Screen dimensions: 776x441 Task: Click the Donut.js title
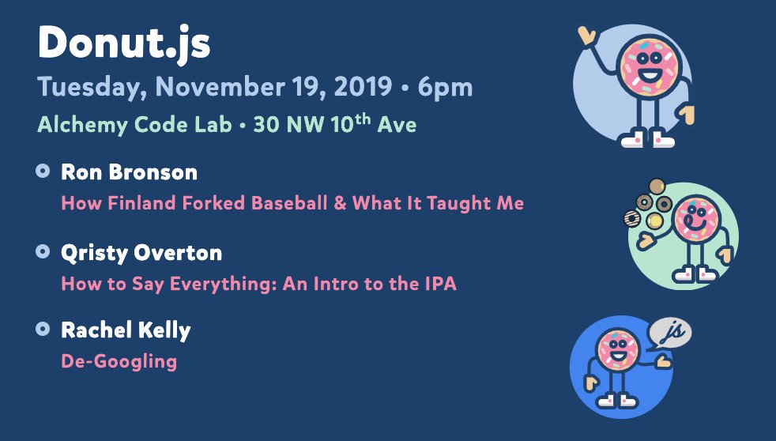pos(124,43)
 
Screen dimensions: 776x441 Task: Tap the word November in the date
pos(220,87)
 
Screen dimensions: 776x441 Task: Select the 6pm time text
pos(445,88)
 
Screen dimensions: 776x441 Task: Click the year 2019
pos(363,87)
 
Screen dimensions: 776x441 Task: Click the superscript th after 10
pos(363,119)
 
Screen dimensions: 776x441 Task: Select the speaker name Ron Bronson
pos(129,172)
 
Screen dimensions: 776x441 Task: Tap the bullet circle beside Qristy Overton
pos(43,251)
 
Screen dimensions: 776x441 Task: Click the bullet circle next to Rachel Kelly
pos(43,329)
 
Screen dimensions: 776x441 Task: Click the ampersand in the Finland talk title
pos(340,203)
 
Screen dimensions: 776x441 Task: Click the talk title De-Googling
pos(119,362)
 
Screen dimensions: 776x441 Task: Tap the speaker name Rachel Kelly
pos(126,330)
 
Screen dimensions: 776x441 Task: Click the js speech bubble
pos(669,333)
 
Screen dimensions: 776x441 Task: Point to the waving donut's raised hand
pos(587,36)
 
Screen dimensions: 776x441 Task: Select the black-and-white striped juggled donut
pos(631,218)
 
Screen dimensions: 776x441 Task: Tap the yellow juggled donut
pos(654,220)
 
